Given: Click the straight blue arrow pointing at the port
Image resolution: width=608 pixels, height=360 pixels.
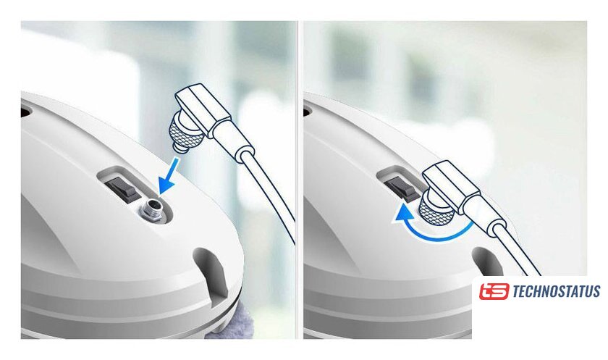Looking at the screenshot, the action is [x=169, y=177].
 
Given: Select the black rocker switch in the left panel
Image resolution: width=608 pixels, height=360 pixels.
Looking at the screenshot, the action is [x=122, y=188].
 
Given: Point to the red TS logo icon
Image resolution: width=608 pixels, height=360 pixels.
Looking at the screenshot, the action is [x=494, y=291].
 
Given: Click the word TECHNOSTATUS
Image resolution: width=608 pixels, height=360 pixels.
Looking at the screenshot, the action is [x=556, y=291].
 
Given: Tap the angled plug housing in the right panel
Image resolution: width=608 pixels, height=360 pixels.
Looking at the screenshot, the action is [x=452, y=186].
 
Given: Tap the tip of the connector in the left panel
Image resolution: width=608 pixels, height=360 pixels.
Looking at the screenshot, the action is [x=180, y=148].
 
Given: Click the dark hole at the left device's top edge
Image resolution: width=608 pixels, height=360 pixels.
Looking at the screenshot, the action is [x=25, y=112].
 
